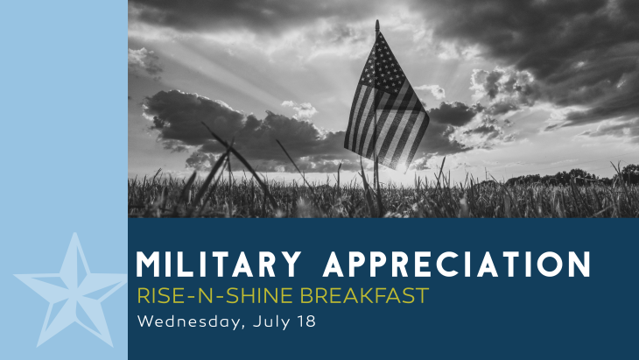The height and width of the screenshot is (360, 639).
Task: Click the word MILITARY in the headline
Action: (x=219, y=265)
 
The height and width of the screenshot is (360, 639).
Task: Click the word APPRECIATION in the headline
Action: (x=456, y=265)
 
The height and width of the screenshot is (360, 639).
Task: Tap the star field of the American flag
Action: (x=381, y=63)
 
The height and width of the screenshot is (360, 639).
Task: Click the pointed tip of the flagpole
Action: (x=377, y=21)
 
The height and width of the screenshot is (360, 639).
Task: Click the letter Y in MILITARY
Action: (x=291, y=265)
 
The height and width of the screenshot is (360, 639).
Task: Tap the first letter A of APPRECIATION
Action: (x=334, y=265)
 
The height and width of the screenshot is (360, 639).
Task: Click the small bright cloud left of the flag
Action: (x=300, y=109)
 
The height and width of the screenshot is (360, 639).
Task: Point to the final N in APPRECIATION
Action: (x=579, y=265)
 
